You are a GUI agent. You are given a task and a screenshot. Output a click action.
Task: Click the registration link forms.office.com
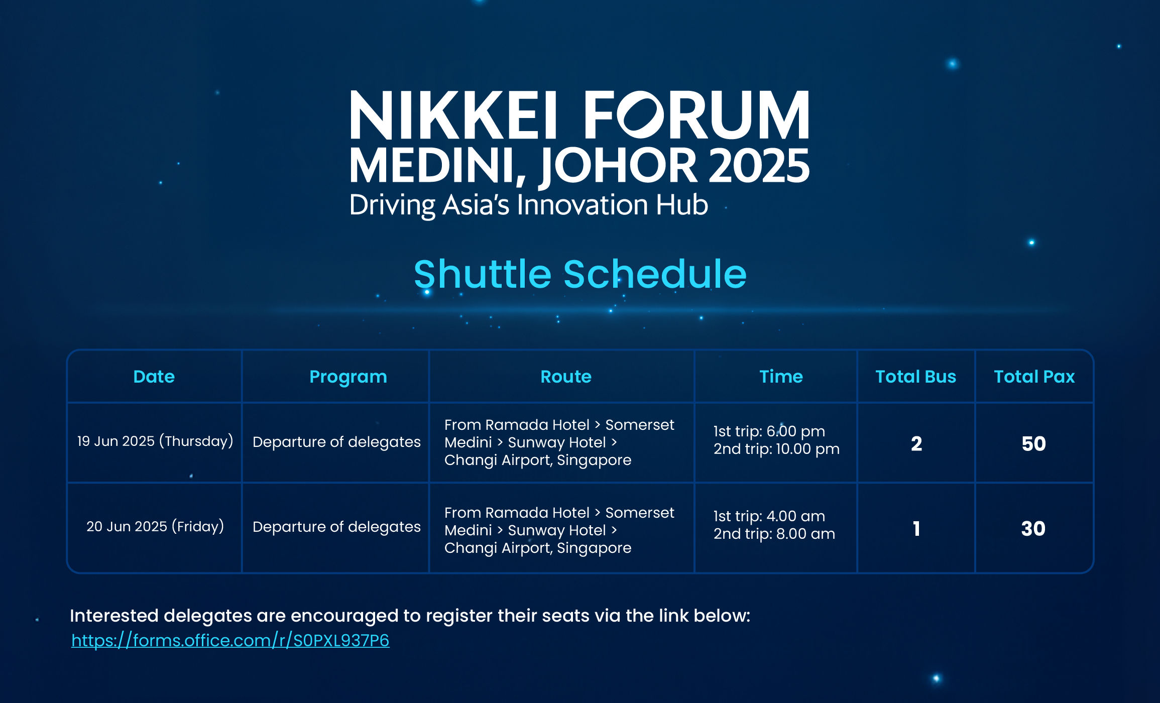pos(230,640)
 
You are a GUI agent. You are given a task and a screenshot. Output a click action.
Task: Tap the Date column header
pos(154,377)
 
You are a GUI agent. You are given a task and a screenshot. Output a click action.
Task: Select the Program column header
pos(348,377)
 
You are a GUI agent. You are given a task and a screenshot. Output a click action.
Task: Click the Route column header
pos(566,377)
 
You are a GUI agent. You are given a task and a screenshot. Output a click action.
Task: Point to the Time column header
pos(781,377)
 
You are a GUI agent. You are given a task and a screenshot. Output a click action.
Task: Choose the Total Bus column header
pos(915,377)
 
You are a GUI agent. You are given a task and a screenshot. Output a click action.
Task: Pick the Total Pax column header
pos(1034,377)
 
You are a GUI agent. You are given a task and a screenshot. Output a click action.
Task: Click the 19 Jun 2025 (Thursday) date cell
pos(155,441)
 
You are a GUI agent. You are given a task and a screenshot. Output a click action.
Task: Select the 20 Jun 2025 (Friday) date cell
pos(155,527)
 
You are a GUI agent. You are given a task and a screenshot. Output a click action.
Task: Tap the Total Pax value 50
pos(1034,443)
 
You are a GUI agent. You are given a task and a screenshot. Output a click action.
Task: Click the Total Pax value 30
pos(1033,528)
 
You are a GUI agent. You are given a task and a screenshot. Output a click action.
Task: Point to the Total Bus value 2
pos(916,443)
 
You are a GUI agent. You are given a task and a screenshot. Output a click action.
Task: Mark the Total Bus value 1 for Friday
pos(916,528)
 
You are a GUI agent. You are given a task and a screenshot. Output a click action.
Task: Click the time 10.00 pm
pos(808,449)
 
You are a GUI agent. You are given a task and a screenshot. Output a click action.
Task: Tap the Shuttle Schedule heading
pos(580,274)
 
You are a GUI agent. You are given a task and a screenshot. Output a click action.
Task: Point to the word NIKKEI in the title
pos(453,114)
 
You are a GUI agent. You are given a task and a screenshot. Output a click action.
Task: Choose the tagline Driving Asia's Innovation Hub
pos(529,205)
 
